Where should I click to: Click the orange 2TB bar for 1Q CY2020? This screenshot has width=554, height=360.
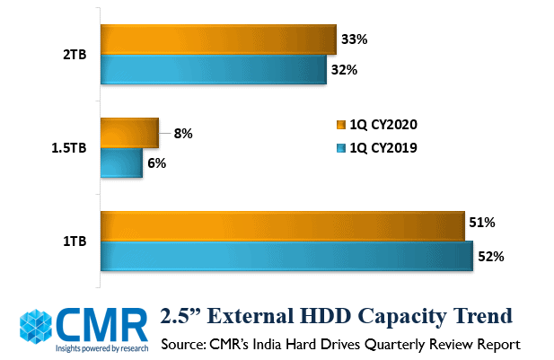(217, 40)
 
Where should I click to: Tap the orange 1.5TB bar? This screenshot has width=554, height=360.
(129, 133)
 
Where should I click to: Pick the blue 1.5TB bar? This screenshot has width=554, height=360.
(121, 162)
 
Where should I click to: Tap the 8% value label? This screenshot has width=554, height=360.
(182, 133)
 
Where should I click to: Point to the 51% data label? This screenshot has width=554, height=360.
(482, 223)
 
